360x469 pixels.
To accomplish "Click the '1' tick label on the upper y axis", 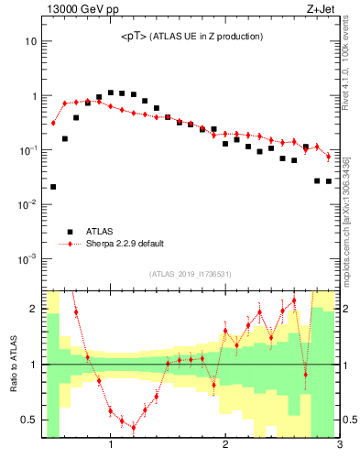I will [33, 96].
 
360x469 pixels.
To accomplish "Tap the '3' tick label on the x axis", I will [339, 445].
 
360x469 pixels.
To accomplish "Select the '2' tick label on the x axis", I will [224, 445].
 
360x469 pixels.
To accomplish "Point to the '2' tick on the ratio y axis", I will [33, 309].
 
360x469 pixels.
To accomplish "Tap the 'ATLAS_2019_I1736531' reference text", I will [191, 274].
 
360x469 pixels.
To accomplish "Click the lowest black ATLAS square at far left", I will [53, 187].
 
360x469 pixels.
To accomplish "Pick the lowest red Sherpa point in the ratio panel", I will [134, 427].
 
